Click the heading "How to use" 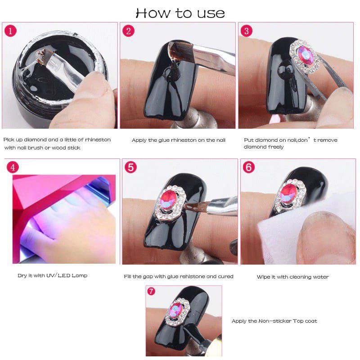coord(180,13)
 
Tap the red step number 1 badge coord(10,31)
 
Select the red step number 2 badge coord(128,31)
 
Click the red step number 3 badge coord(246,31)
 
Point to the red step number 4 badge coord(13,167)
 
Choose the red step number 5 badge coord(130,167)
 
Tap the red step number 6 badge coord(249,167)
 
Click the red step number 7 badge coord(151,291)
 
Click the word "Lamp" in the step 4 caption coord(80,275)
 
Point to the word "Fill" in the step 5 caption coord(127,276)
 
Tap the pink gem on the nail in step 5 coord(168,199)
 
